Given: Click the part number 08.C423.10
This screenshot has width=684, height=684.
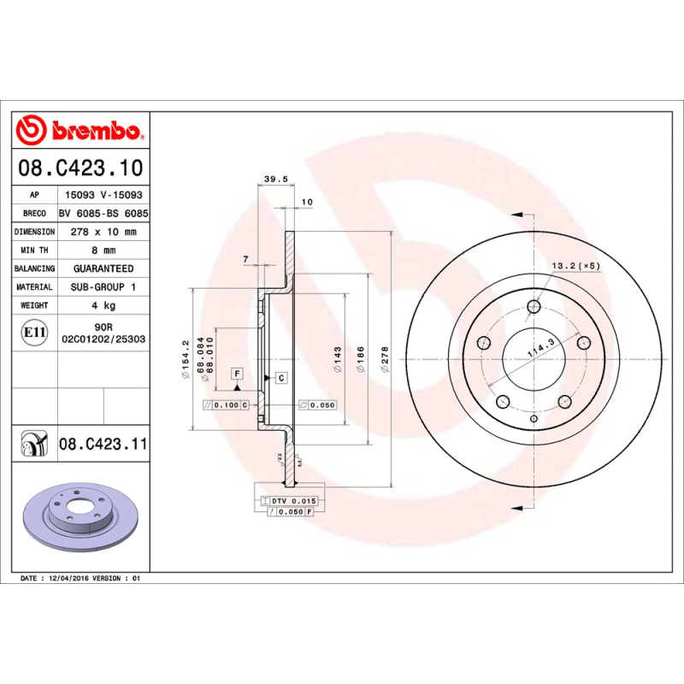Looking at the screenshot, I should click(x=80, y=167).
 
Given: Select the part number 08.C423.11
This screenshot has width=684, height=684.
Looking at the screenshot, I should click(x=103, y=444).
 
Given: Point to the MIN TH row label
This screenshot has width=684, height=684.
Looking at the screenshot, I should click(x=35, y=251).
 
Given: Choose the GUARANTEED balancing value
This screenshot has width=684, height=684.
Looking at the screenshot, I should click(x=103, y=268).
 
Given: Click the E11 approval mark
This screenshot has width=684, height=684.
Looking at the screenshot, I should click(x=35, y=332).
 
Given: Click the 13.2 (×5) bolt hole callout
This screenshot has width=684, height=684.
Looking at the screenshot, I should click(x=575, y=266).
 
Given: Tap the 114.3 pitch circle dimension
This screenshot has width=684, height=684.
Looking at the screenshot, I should click(x=540, y=346).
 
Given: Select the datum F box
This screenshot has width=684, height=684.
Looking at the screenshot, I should click(x=237, y=373).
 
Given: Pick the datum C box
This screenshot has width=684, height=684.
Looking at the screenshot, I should click(x=280, y=377).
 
